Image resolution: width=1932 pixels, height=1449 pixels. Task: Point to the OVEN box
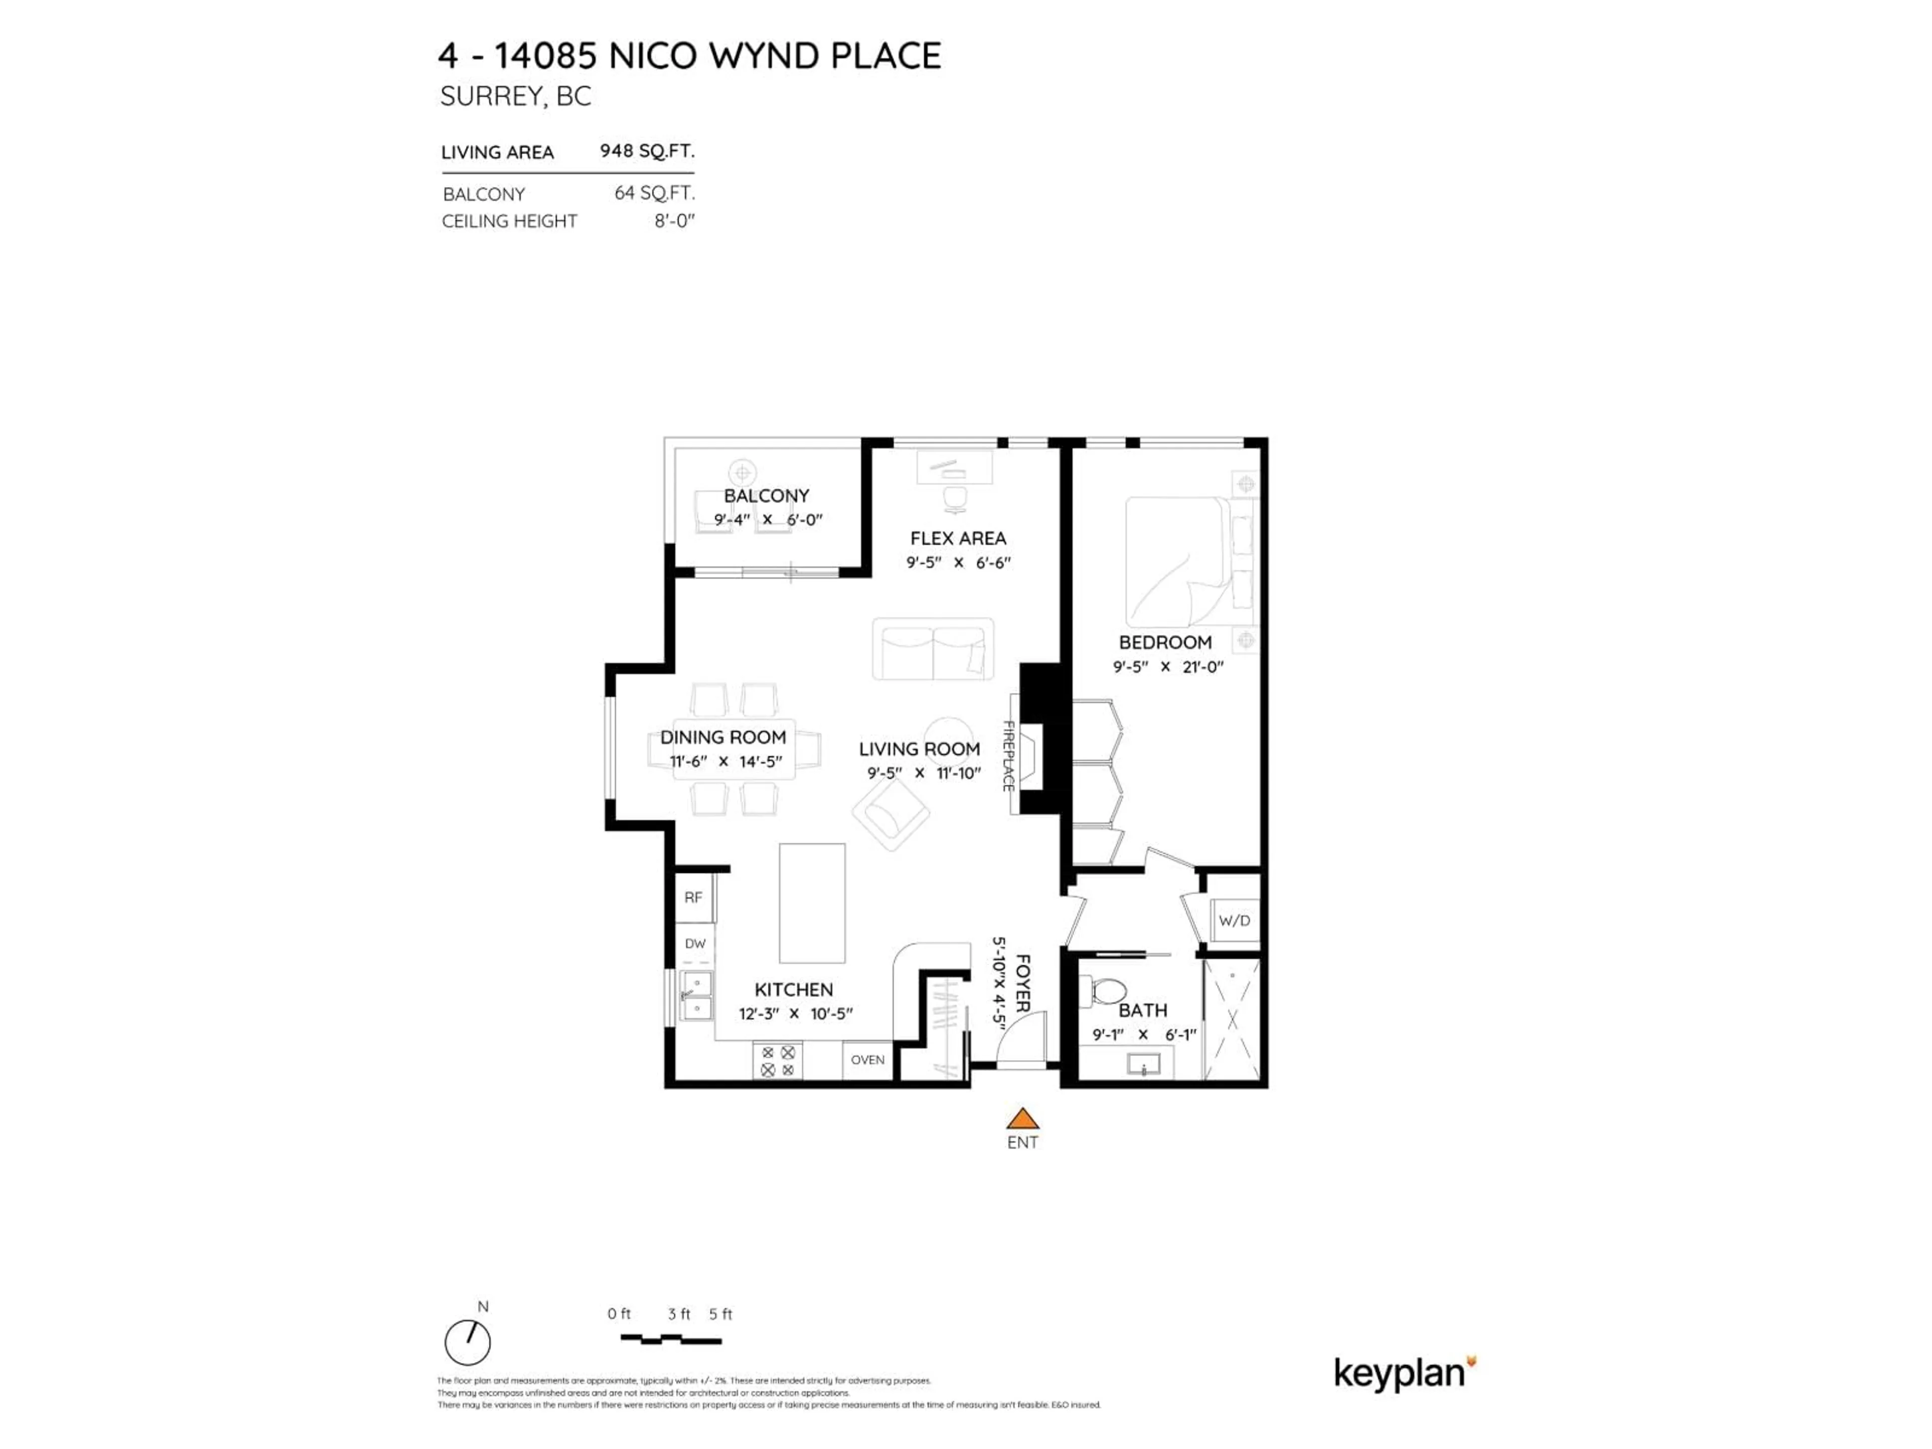867,1060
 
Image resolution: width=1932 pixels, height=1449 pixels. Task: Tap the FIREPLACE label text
1007,756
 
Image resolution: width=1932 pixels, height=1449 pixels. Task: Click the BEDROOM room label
1165,643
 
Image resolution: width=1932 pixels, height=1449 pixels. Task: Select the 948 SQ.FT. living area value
647,151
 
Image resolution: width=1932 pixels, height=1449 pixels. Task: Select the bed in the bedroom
1179,561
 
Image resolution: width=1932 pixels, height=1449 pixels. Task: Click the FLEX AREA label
957,539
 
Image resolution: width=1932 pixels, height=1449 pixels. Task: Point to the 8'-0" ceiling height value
674,221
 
